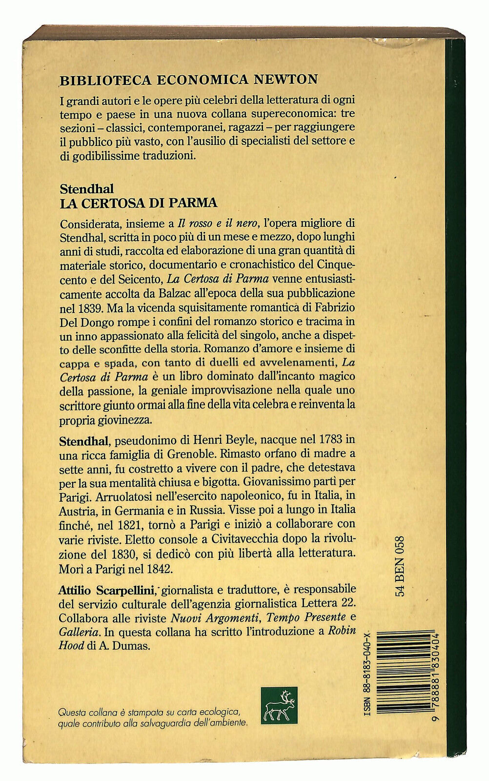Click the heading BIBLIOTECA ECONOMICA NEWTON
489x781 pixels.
(x=188, y=79)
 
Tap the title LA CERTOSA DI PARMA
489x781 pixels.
(x=138, y=202)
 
